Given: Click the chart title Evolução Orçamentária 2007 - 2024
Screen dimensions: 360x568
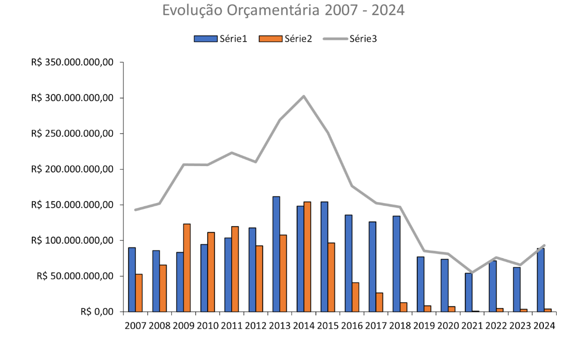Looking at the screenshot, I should pos(283,10).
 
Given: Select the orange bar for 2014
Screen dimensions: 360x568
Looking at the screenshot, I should pos(307,257).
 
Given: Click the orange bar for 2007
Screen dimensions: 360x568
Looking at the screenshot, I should pos(139,293).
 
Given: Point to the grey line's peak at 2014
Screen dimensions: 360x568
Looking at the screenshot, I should pos(304,96).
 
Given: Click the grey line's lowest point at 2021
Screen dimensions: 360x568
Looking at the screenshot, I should pos(472,273).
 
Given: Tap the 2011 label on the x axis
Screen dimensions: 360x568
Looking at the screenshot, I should pos(232,326).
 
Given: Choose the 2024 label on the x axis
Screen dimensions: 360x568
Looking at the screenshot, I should pos(544,326).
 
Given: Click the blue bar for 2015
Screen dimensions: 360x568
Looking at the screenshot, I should pos(324,257).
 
